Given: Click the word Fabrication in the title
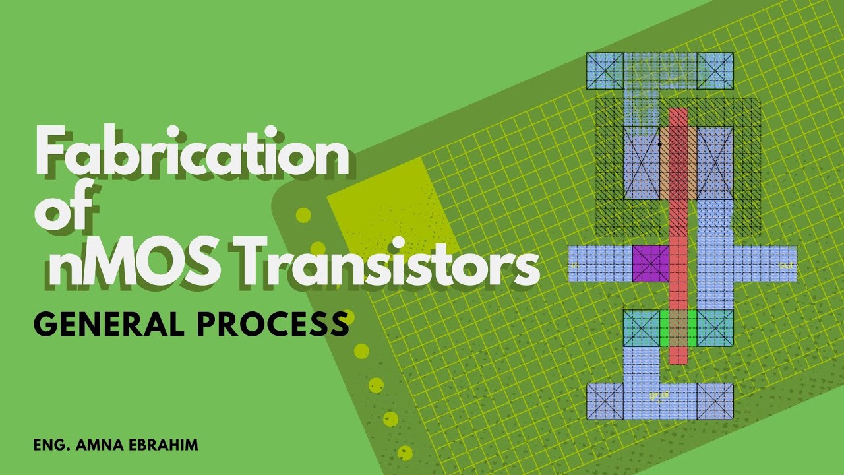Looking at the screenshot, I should (x=191, y=154).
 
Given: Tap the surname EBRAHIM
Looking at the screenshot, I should (x=166, y=445).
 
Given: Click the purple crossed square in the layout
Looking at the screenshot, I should (x=651, y=264).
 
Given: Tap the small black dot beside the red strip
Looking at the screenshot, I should (x=659, y=143).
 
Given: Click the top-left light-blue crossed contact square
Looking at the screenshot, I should (x=605, y=71).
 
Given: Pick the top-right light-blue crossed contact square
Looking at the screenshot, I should (x=715, y=71).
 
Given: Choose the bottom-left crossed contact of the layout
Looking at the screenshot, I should (x=605, y=401).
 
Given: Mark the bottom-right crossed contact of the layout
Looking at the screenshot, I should (x=715, y=401).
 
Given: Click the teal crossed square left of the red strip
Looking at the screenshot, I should (x=642, y=328).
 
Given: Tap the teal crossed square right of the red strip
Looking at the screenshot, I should (x=715, y=328).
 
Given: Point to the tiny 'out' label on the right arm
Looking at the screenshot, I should (x=785, y=265).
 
